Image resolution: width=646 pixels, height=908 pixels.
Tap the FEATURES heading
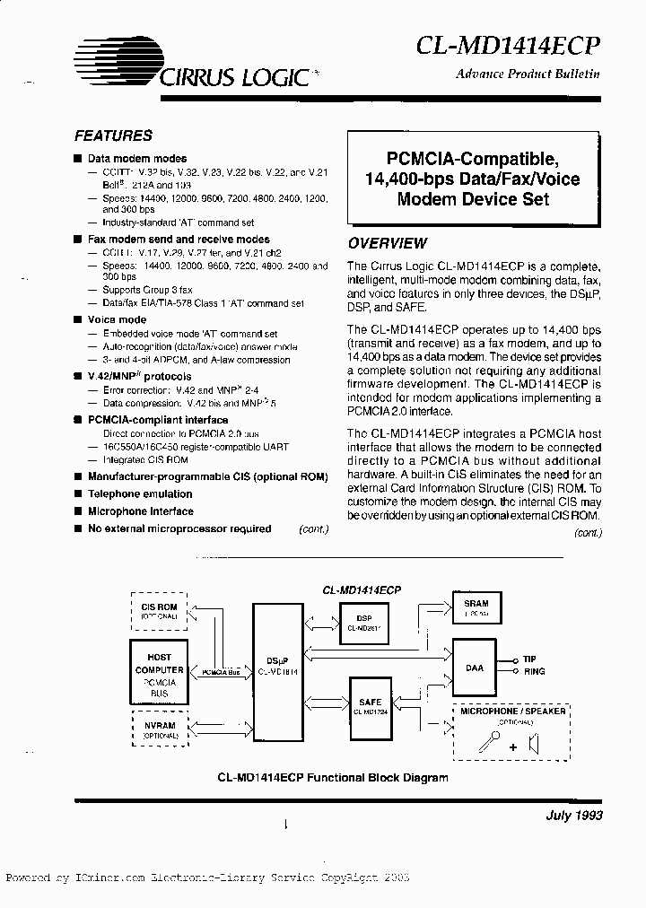[113, 136]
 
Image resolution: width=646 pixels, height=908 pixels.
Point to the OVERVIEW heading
[388, 243]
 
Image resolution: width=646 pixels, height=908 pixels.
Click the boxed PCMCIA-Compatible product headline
[473, 179]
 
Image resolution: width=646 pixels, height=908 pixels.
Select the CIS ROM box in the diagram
[160, 611]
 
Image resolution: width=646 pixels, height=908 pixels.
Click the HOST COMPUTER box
[160, 669]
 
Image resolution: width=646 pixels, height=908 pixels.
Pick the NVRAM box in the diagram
[160, 729]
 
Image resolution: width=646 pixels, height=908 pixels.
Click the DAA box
[475, 668]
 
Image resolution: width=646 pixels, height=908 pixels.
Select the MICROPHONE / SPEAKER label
[513, 711]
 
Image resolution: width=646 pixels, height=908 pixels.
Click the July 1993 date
[573, 816]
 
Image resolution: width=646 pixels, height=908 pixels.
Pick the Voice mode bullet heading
[117, 319]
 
